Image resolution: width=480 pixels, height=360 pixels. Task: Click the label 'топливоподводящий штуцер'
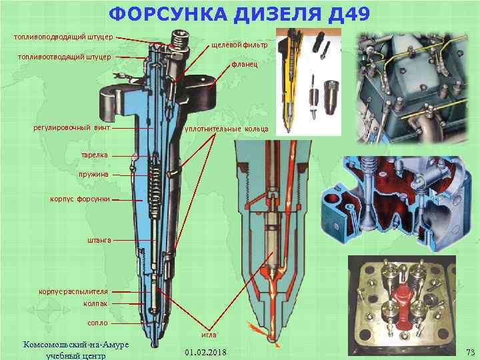63,36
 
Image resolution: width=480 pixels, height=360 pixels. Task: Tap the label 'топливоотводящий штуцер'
63,57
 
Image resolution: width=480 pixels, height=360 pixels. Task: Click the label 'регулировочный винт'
71,127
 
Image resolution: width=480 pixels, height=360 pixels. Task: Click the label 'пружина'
95,174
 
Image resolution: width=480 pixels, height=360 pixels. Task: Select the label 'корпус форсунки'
80,199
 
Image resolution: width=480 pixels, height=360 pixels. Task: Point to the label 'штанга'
99,239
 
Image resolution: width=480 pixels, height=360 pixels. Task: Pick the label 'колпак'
95,303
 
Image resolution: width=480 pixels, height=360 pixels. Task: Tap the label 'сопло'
98,323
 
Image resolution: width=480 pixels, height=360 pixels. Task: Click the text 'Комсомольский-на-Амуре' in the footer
76,344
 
